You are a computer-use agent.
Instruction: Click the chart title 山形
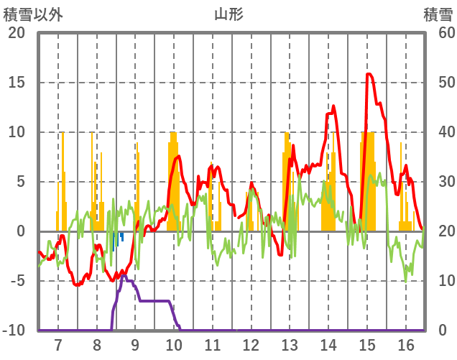point(228,14)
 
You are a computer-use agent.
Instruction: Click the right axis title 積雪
point(437,14)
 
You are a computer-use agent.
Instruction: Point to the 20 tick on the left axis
point(17,33)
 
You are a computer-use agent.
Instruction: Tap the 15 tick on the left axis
point(17,83)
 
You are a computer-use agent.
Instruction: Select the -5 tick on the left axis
point(17,281)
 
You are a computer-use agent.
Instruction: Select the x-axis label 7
point(58,344)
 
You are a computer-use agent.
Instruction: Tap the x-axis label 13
point(290,344)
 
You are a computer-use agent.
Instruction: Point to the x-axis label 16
point(406,344)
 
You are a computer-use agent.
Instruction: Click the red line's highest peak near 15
point(369,74)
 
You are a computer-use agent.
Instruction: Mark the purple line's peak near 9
point(124,275)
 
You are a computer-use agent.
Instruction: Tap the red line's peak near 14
point(333,106)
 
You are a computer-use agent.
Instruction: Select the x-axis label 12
point(251,344)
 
